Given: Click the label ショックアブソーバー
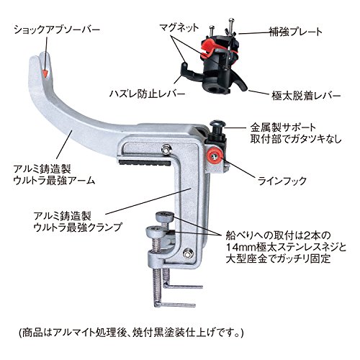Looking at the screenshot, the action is [x=57, y=30].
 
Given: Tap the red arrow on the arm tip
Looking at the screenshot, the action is [x=45, y=73].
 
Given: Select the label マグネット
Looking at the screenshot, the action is [x=179, y=27].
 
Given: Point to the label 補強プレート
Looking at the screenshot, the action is [x=295, y=32].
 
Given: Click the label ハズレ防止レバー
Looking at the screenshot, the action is [x=147, y=94].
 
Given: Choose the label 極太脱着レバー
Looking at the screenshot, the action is [x=306, y=96].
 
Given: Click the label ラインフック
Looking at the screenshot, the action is [x=282, y=181].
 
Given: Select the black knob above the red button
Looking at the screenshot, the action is [x=217, y=126].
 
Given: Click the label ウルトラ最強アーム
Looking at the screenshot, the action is [x=54, y=180].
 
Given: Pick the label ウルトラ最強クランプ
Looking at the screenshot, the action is [x=78, y=227].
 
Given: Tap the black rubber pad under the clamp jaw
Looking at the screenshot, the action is [x=145, y=163].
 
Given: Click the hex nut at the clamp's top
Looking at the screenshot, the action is [x=166, y=150].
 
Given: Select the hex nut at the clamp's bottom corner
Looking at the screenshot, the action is [x=187, y=253].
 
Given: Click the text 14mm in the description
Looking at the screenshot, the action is [x=240, y=247].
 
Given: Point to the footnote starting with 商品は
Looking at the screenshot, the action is [x=131, y=333].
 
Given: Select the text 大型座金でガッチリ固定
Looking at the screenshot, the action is [x=278, y=258].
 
